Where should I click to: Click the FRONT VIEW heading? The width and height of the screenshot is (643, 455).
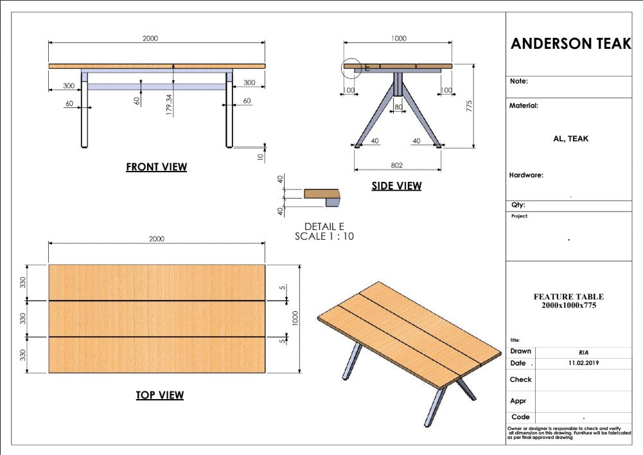(156, 167)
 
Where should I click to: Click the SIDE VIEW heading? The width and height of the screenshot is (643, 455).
(396, 186)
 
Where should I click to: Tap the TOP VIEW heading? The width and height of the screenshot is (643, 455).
(160, 395)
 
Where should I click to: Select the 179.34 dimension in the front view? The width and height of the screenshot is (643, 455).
(169, 105)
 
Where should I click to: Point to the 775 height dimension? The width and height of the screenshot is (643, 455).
(469, 106)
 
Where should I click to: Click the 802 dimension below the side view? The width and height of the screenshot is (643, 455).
(396, 165)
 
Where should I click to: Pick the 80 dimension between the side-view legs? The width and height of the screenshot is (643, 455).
(399, 107)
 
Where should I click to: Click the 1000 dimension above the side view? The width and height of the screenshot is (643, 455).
(398, 38)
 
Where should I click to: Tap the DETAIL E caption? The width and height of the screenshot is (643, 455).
(324, 226)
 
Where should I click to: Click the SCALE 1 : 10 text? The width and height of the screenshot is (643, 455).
(324, 236)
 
